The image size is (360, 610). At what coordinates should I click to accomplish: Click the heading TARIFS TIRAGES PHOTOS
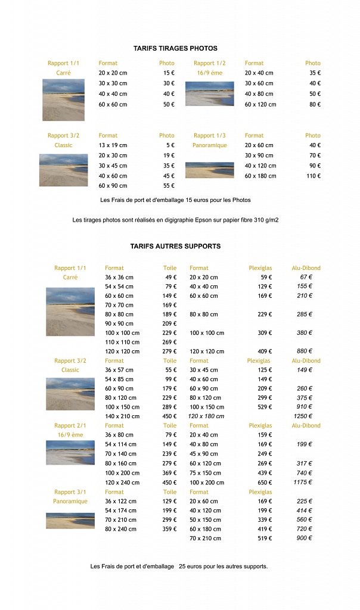coord(175,48)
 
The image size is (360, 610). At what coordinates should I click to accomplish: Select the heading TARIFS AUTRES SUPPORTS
coord(175,246)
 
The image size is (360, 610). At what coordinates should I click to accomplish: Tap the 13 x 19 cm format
coord(113,145)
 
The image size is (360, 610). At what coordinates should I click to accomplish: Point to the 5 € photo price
coord(170,145)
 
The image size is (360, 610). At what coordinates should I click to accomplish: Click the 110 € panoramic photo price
coord(314,176)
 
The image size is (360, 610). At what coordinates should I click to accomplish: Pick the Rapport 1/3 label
coord(209,136)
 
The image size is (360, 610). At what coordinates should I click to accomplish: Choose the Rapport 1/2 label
coord(209,63)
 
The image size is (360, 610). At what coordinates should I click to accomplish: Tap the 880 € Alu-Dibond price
coord(305,351)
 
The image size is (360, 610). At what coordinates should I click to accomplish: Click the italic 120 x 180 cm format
coord(206,416)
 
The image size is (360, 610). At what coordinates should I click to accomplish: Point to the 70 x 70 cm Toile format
coord(119,305)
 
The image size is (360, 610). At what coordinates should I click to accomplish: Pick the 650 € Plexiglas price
coord(264,483)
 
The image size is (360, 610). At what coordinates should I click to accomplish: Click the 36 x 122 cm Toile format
coord(120,502)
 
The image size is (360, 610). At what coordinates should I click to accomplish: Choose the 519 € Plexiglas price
coord(264,539)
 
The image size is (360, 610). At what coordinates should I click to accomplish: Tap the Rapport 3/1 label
coord(70,492)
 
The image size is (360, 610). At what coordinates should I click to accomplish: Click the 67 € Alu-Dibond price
coord(306,277)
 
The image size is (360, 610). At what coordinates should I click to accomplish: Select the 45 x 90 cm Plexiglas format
coord(203,454)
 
